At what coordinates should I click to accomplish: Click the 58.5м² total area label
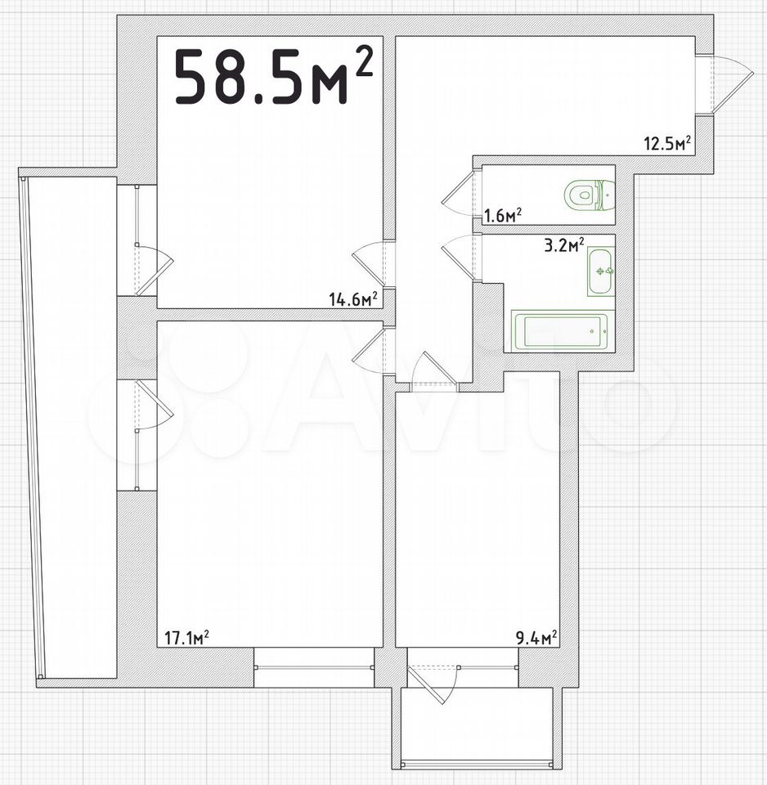[x=274, y=75]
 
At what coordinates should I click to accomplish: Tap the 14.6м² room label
[x=353, y=299]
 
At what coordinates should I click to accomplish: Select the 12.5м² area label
[x=667, y=143]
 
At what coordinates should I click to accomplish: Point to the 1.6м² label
[x=503, y=216]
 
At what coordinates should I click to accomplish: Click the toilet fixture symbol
[x=590, y=195]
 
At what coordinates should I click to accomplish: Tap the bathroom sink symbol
[x=601, y=271]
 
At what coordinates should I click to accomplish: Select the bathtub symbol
[x=560, y=331]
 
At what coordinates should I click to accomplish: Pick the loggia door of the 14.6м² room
[x=155, y=270]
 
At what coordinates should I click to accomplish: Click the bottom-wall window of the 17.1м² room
[x=314, y=667]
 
